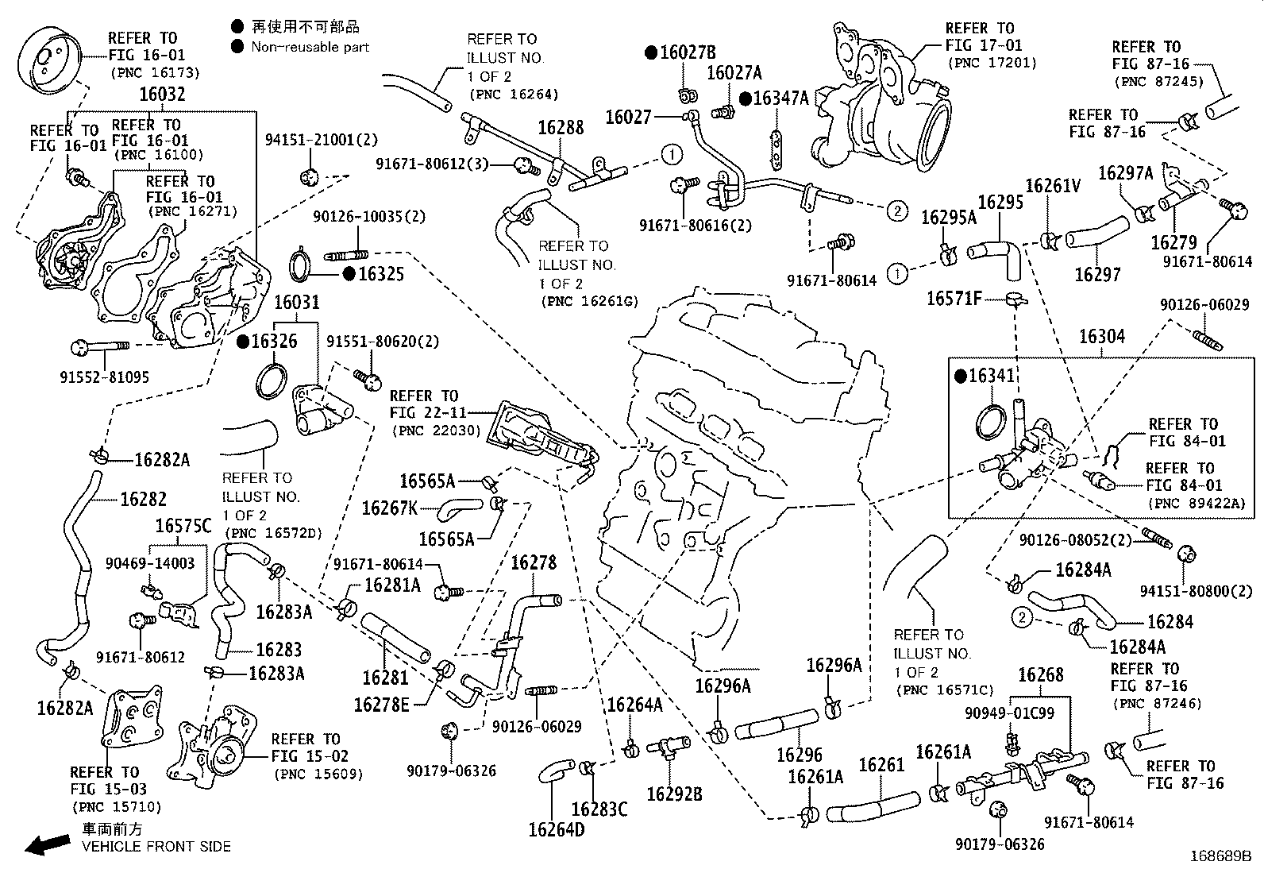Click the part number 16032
tap(162, 95)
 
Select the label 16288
tap(561, 127)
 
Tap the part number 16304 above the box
tap(1101, 337)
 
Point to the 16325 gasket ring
tap(299, 265)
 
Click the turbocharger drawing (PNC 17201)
tap(881, 107)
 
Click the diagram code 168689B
tap(1220, 857)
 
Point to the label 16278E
tap(382, 705)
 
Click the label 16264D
tap(557, 829)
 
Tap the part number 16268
tap(1040, 675)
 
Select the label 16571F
tap(954, 299)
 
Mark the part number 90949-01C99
tap(1010, 713)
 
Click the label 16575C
tap(183, 526)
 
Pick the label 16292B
tap(674, 794)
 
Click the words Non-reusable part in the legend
tap(310, 47)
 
